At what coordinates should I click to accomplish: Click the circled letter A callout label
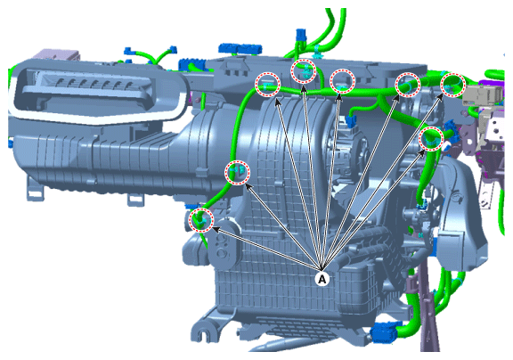(322, 279)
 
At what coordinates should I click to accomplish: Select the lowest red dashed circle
(202, 220)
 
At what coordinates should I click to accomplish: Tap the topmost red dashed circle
(304, 71)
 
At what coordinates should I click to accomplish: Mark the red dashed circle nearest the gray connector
(452, 85)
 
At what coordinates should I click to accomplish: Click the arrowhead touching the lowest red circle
(215, 228)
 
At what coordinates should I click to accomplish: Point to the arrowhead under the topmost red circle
(304, 87)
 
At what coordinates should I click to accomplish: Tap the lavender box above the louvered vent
(58, 55)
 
